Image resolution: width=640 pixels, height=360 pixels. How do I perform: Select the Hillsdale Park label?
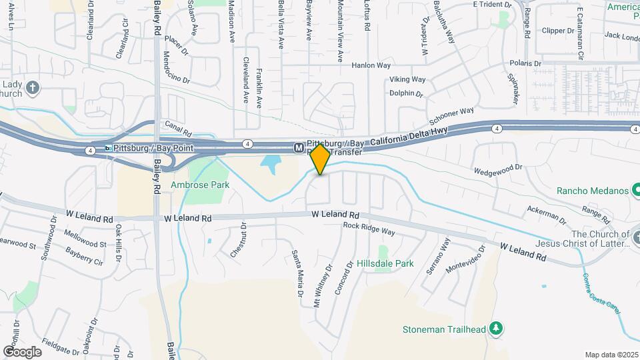pyautogui.click(x=394, y=263)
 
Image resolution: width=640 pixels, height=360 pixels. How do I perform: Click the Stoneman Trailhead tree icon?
pyautogui.click(x=495, y=328)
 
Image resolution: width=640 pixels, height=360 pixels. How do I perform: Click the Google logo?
pyautogui.click(x=22, y=351)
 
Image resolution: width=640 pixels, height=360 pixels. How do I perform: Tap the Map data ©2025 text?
pyautogui.click(x=611, y=355)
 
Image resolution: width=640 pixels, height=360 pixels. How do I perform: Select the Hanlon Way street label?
pyautogui.click(x=371, y=65)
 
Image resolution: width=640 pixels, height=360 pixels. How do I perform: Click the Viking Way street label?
pyautogui.click(x=407, y=79)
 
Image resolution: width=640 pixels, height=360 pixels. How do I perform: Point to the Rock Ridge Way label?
pyautogui.click(x=369, y=229)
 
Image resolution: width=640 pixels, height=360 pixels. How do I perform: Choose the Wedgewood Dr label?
pyautogui.click(x=497, y=169)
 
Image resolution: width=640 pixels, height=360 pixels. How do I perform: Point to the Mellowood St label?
pyautogui.click(x=85, y=239)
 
